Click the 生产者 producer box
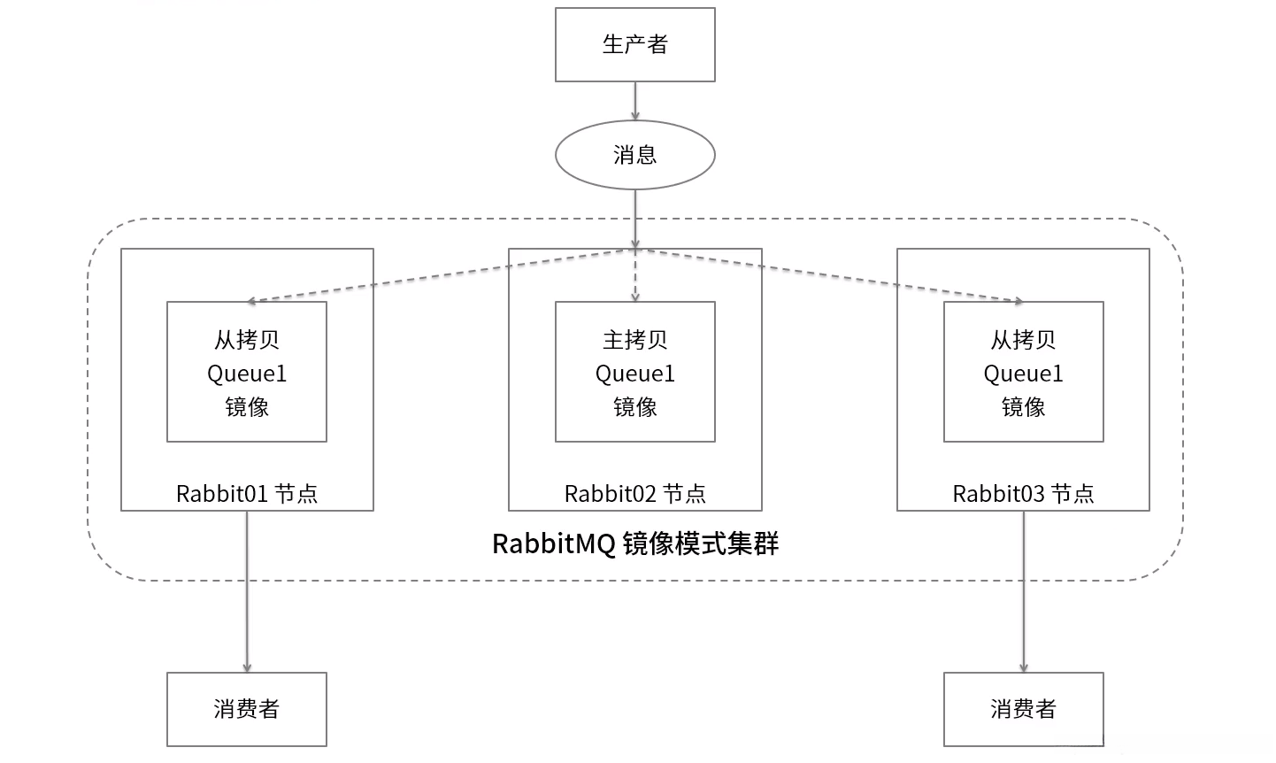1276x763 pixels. tap(634, 45)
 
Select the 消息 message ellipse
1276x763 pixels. tap(634, 155)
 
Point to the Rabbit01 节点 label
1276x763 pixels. tap(247, 493)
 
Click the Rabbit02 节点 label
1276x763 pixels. tap(634, 493)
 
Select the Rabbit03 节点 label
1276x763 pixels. tap(1023, 493)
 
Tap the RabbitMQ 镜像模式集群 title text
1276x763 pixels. tap(634, 543)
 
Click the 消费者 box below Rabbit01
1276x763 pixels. tap(247, 709)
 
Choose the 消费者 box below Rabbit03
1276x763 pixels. tap(1023, 709)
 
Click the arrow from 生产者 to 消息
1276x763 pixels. tap(634, 101)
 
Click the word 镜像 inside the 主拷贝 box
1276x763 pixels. tap(634, 407)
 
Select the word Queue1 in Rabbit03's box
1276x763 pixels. tap(1023, 374)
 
